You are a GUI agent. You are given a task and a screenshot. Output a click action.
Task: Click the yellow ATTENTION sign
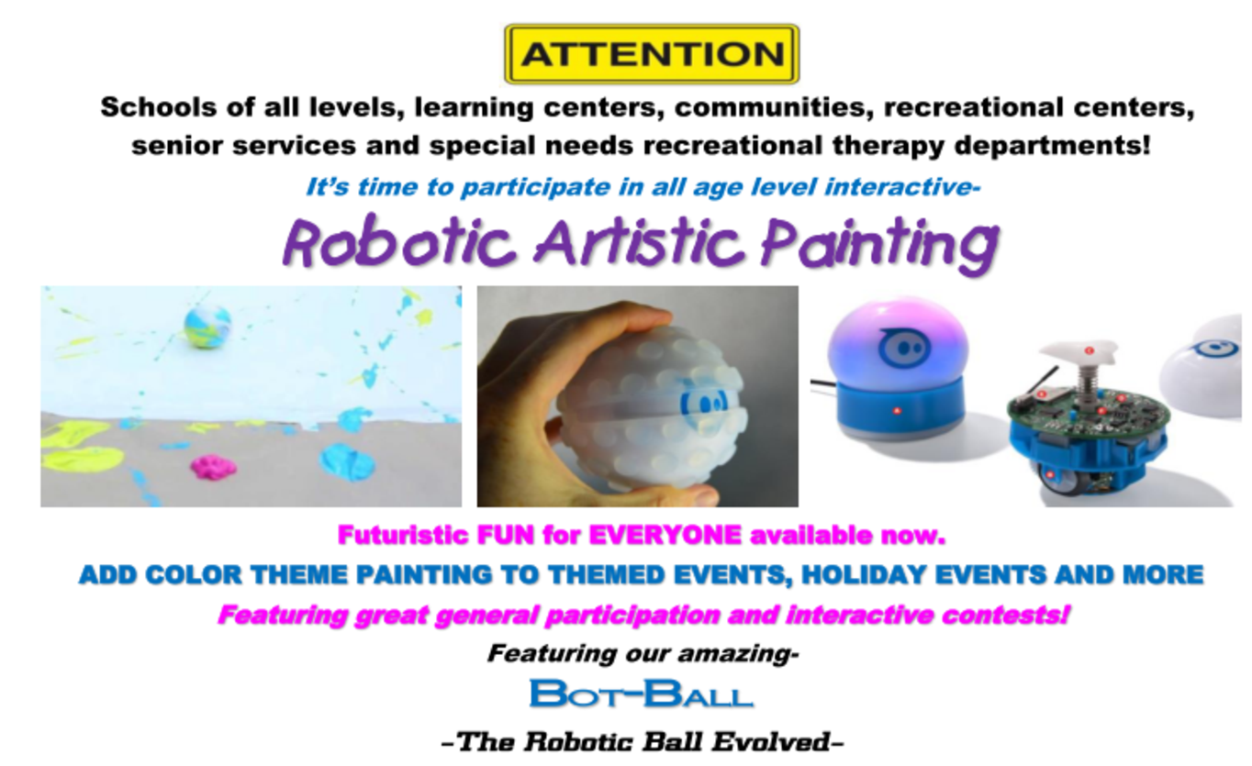(652, 54)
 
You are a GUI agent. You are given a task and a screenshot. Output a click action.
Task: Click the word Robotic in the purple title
(398, 243)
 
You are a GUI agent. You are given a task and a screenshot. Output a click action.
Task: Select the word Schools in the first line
(158, 106)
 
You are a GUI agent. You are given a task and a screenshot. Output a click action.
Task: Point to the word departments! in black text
(1053, 147)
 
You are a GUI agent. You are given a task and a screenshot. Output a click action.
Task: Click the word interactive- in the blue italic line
(902, 186)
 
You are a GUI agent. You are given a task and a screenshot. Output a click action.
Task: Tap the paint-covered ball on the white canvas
(207, 327)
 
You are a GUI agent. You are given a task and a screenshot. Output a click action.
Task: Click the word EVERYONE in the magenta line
(665, 535)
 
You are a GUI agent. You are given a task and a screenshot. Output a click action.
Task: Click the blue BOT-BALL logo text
(641, 694)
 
